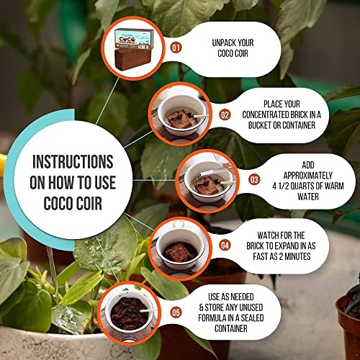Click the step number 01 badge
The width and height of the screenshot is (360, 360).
point(176,48)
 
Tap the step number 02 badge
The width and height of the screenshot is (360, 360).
point(225,115)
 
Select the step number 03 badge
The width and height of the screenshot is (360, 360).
point(254,180)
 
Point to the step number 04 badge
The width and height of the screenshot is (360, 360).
point(225,246)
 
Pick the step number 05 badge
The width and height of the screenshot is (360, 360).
point(176,312)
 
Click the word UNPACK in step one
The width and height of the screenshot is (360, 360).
point(222,42)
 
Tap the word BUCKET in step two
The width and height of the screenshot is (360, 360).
point(259,125)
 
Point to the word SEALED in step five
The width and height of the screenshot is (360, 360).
point(252,318)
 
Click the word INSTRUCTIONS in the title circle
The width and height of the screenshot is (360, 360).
point(73,162)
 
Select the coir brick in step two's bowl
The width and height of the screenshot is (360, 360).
point(179,119)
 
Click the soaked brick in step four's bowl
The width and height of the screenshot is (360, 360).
point(179,252)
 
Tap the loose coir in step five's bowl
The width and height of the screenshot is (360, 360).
point(129,314)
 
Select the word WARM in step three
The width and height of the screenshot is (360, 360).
point(333,186)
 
